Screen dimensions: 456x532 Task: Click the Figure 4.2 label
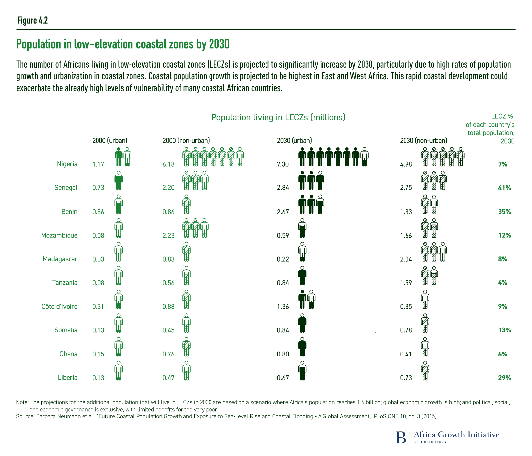pos(33,21)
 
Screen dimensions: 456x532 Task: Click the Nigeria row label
pos(67,164)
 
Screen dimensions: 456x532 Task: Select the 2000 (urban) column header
pos(110,141)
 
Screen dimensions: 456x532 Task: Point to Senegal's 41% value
pos(504,188)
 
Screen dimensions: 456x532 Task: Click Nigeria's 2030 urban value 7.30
pos(283,164)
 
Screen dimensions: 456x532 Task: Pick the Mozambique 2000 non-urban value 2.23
pos(169,235)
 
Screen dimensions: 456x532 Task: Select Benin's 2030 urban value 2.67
pos(283,212)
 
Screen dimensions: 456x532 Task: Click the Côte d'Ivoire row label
pos(60,306)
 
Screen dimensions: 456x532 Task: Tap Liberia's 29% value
pos(504,378)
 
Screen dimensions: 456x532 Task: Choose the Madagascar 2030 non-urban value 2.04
pos(406,259)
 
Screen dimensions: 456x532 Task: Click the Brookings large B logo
pos(401,437)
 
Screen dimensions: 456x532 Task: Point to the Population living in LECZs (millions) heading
pos(278,117)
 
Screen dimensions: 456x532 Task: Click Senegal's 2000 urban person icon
pos(119,181)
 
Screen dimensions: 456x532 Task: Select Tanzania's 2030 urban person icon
pos(302,276)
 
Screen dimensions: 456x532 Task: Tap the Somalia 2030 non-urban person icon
pos(425,323)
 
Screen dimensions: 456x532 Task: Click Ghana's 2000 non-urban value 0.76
pos(169,354)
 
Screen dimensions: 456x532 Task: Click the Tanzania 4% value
pos(503,283)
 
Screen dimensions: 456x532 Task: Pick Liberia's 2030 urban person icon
pos(302,371)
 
